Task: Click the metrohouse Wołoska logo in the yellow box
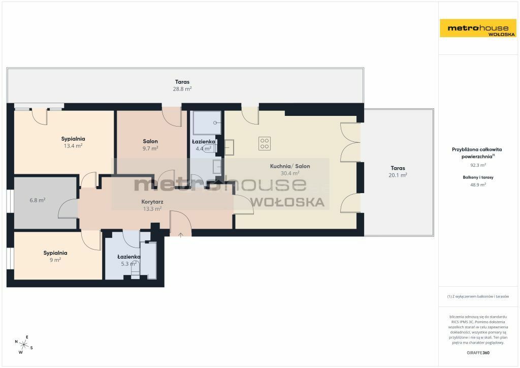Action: click(478, 28)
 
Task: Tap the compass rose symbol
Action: click(23, 345)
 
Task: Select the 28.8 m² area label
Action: click(182, 89)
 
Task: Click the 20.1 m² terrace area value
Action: click(398, 175)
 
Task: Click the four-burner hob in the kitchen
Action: click(264, 143)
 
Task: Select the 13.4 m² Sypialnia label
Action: click(73, 142)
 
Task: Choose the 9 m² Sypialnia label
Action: click(55, 256)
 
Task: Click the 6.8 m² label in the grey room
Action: click(38, 200)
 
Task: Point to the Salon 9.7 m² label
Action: click(150, 145)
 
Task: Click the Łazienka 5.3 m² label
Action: click(128, 260)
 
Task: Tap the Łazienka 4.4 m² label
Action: click(203, 145)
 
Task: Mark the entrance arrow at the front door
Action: click(181, 235)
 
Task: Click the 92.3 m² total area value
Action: click(478, 165)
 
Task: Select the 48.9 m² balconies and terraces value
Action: click(478, 185)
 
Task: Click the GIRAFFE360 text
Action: click(478, 353)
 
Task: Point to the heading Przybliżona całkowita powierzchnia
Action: click(477, 153)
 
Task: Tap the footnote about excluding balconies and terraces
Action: click(478, 296)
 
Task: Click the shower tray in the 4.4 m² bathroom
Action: click(207, 122)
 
